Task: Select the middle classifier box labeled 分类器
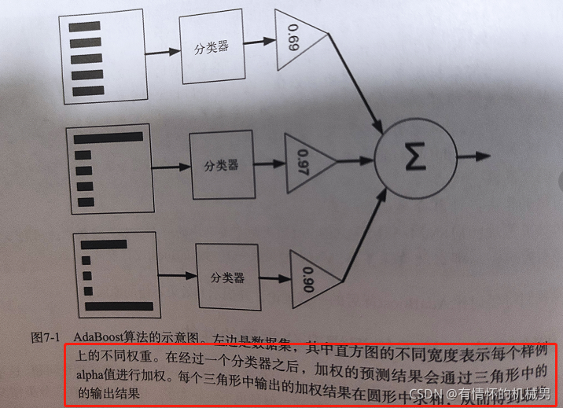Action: (x=221, y=166)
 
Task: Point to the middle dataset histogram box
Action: (x=109, y=168)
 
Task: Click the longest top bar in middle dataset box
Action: (x=108, y=137)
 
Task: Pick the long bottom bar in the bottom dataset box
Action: (x=118, y=305)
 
